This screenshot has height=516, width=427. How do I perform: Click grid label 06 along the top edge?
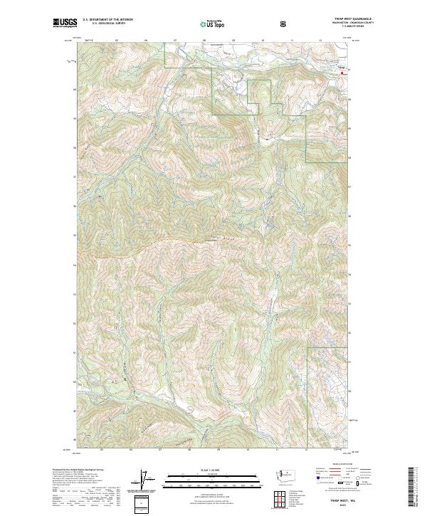tap(145, 41)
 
